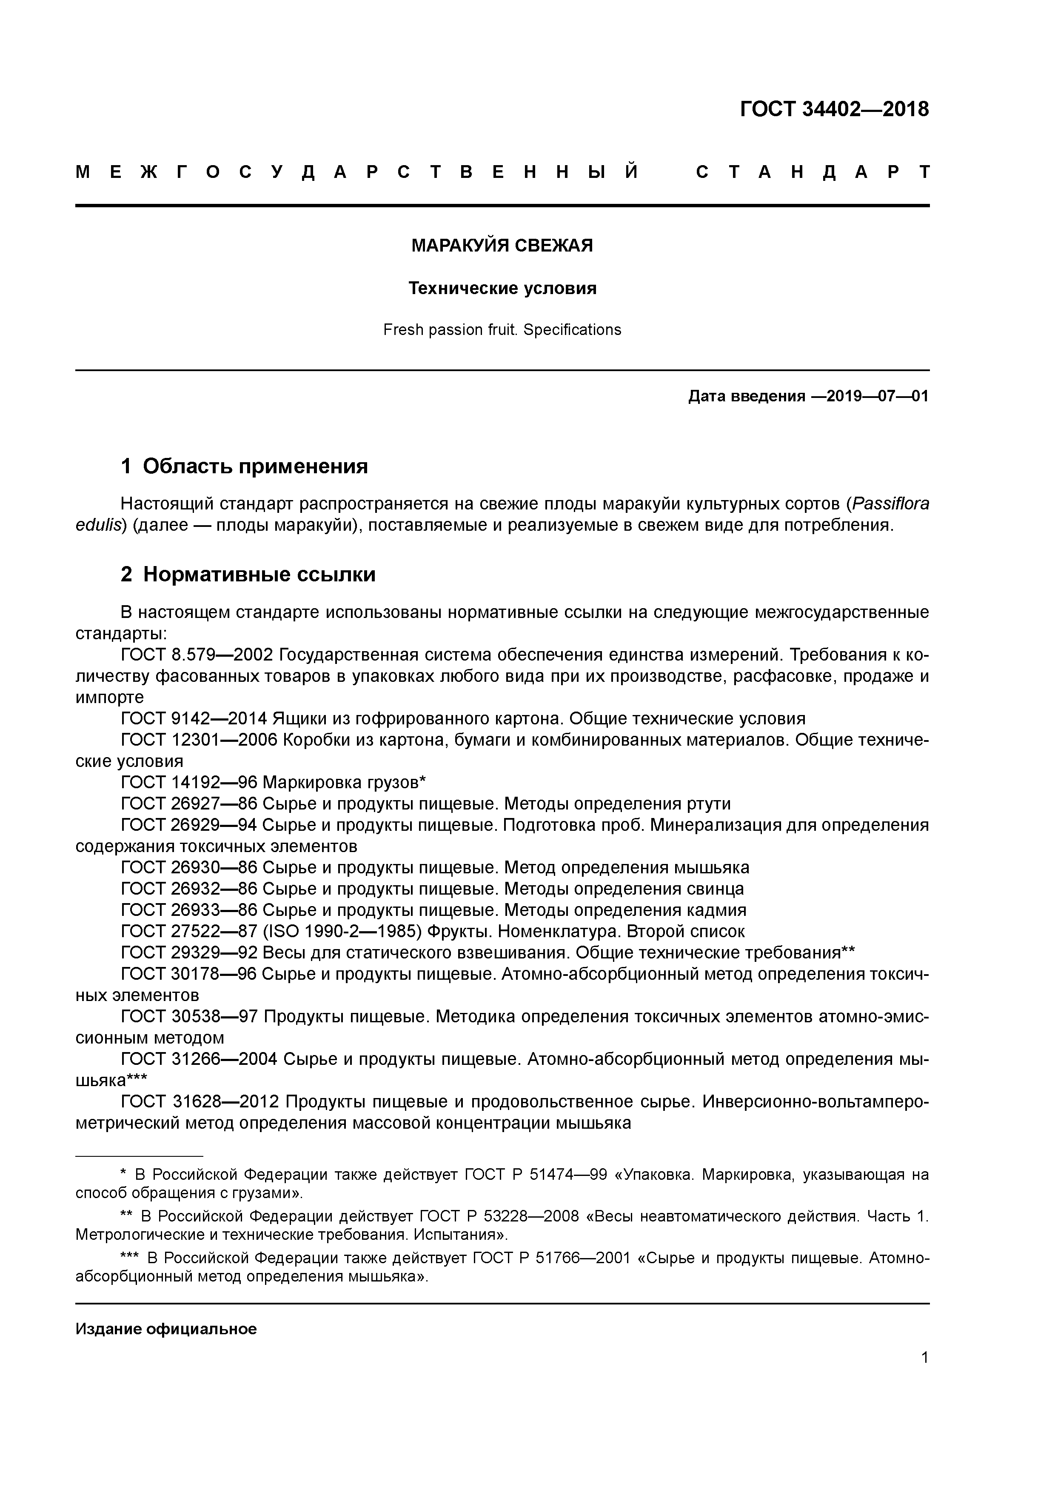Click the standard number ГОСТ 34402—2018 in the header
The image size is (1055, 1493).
pos(834,109)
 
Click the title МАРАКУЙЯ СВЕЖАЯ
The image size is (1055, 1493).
pos(502,246)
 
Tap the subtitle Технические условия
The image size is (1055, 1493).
pos(502,288)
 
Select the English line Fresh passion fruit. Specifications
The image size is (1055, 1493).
pos(502,330)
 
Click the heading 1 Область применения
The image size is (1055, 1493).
pos(245,466)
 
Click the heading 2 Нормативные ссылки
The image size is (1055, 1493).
pos(248,574)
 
